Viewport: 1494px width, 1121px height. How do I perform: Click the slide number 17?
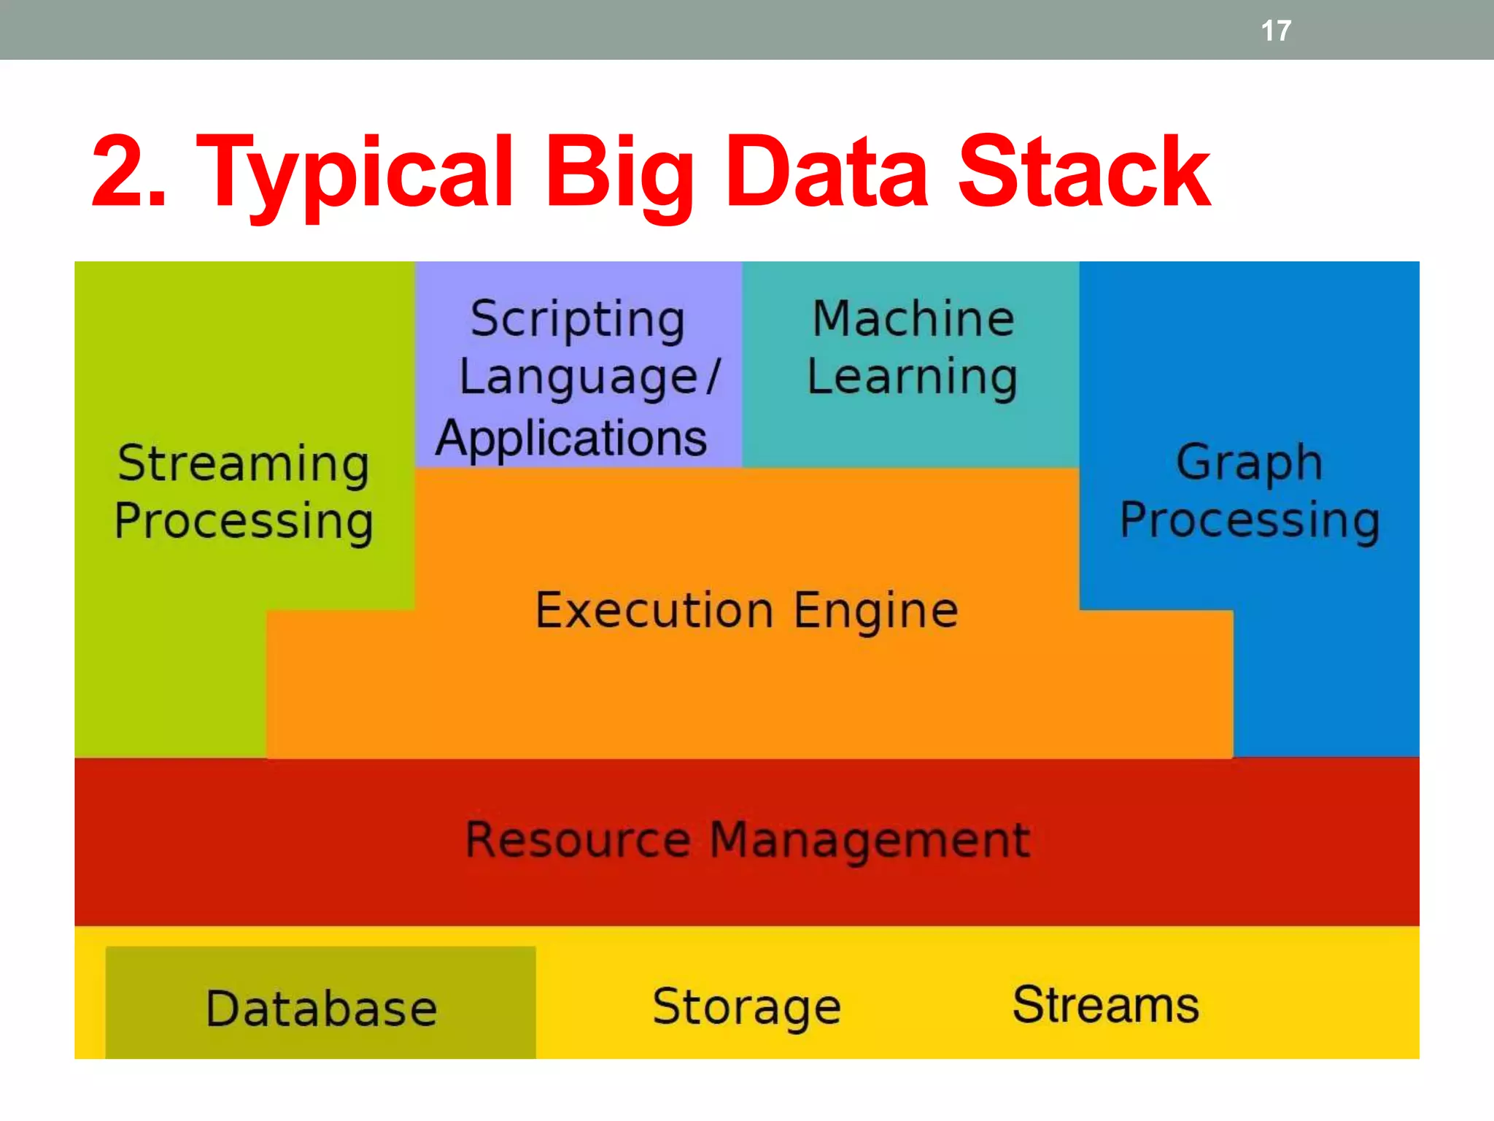pyautogui.click(x=1276, y=31)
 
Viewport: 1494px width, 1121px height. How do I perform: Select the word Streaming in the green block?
pyautogui.click(x=244, y=464)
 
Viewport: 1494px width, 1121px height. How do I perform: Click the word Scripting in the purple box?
pyautogui.click(x=578, y=320)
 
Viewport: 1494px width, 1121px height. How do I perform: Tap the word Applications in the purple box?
pyautogui.click(x=571, y=439)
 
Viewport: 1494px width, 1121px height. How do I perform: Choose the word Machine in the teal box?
pyautogui.click(x=913, y=319)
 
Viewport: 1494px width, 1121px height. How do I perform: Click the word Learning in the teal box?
pyautogui.click(x=912, y=377)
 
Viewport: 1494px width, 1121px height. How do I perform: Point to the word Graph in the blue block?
pyautogui.click(x=1249, y=463)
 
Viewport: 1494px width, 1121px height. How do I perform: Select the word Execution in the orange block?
pyautogui.click(x=654, y=610)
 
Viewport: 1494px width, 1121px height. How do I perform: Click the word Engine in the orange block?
pyautogui.click(x=876, y=610)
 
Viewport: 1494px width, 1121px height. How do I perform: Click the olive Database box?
pyautogui.click(x=321, y=1007)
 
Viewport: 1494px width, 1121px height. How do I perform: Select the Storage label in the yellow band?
pyautogui.click(x=746, y=1007)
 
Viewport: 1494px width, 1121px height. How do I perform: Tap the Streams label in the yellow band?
pyautogui.click(x=1105, y=1005)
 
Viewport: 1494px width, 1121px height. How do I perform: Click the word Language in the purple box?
pyautogui.click(x=579, y=378)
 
